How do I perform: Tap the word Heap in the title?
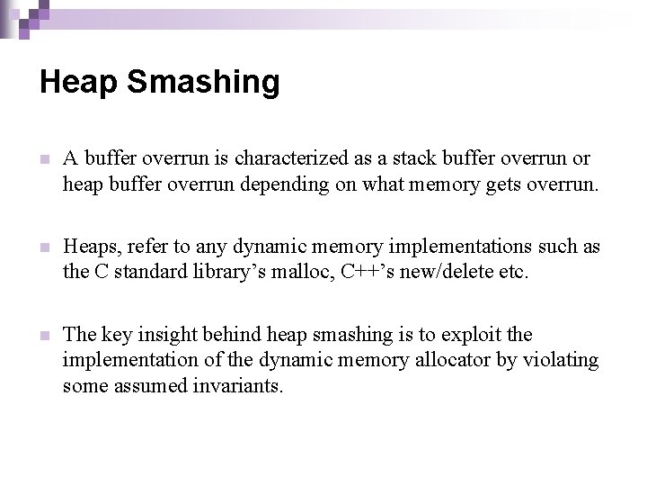pyautogui.click(x=79, y=83)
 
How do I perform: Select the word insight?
pyautogui.click(x=172, y=335)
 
